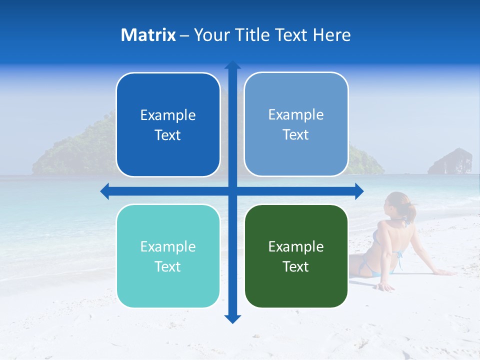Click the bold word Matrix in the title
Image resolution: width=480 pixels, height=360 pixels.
(148, 35)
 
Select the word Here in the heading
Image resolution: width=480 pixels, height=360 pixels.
(331, 35)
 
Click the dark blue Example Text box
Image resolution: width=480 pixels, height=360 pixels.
(168, 124)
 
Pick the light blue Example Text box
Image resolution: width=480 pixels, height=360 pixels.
(296, 124)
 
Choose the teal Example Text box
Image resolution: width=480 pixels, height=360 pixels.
(168, 256)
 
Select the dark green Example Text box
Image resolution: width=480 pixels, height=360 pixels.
(296, 256)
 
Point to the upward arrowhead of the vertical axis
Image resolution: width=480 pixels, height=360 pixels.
(232, 65)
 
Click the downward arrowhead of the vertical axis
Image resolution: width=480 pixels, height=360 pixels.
(232, 318)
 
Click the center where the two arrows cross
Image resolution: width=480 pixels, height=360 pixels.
(232, 191)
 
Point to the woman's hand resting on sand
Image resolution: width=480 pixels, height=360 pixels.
(385, 287)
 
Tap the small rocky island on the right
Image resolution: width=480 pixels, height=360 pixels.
(450, 161)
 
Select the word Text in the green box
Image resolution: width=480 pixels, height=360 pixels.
(296, 266)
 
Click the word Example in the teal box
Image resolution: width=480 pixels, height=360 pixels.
(168, 246)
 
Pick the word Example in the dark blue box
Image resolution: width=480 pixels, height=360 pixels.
(168, 115)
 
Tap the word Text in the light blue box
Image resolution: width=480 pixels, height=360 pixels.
(296, 134)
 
